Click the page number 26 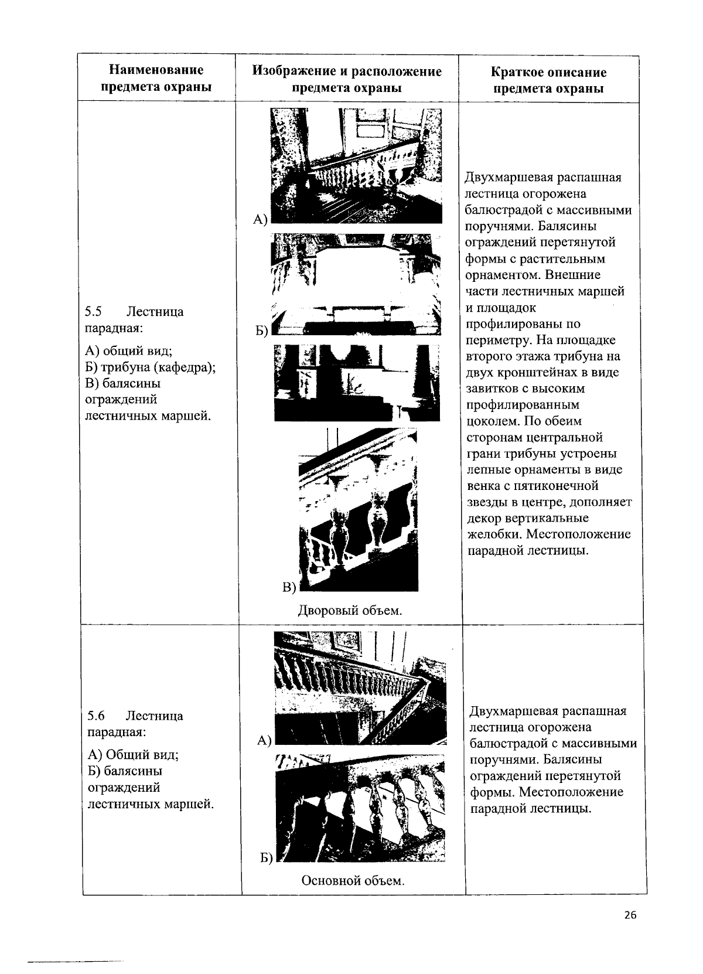pyautogui.click(x=630, y=915)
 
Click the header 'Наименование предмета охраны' pyautogui.click(x=156, y=79)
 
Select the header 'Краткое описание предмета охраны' pyautogui.click(x=548, y=80)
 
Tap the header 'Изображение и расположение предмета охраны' pyautogui.click(x=347, y=79)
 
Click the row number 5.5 pyautogui.click(x=94, y=312)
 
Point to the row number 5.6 pyautogui.click(x=95, y=716)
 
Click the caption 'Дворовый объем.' pyautogui.click(x=350, y=611)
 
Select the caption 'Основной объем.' pyautogui.click(x=353, y=880)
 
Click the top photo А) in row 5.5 pyautogui.click(x=356, y=165)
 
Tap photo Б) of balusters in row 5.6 pyautogui.click(x=360, y=808)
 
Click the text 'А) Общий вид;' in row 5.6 pyautogui.click(x=132, y=754)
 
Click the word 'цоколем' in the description pyautogui.click(x=489, y=421)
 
